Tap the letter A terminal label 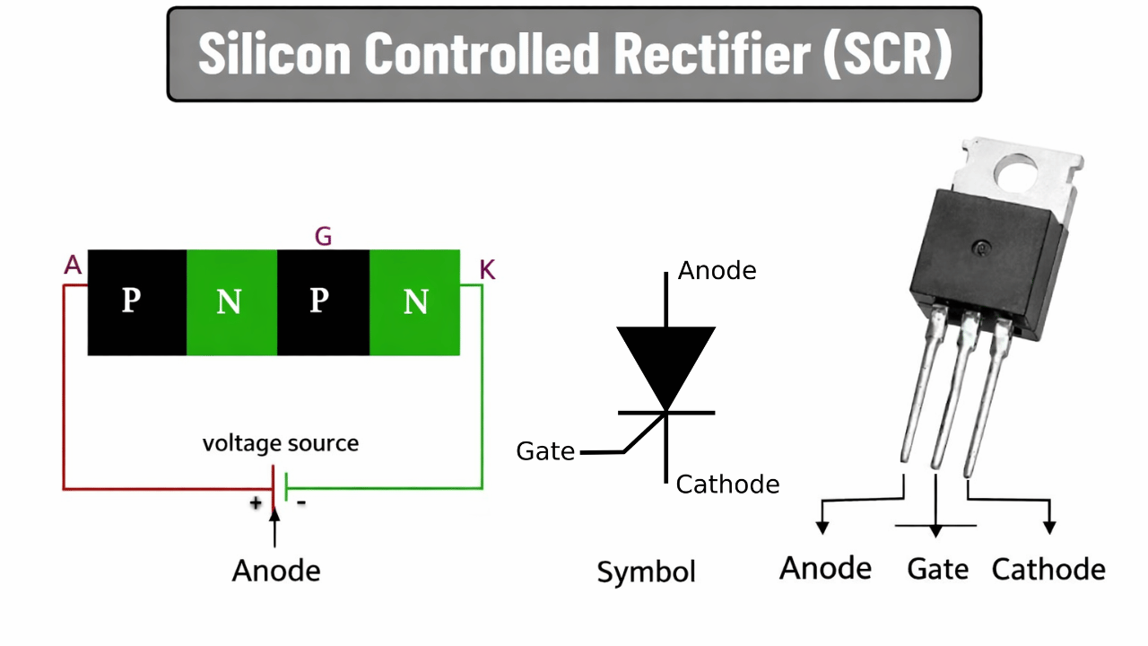[74, 265]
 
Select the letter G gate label [324, 237]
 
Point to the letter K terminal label [487, 269]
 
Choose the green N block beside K [414, 302]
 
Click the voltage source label [280, 443]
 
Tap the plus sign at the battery [257, 502]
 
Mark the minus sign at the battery [301, 502]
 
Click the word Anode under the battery [276, 571]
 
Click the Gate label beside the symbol [545, 451]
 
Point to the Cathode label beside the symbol [727, 485]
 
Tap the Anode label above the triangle [717, 271]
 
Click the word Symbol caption [646, 572]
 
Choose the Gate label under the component [937, 569]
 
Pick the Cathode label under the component [1048, 569]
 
